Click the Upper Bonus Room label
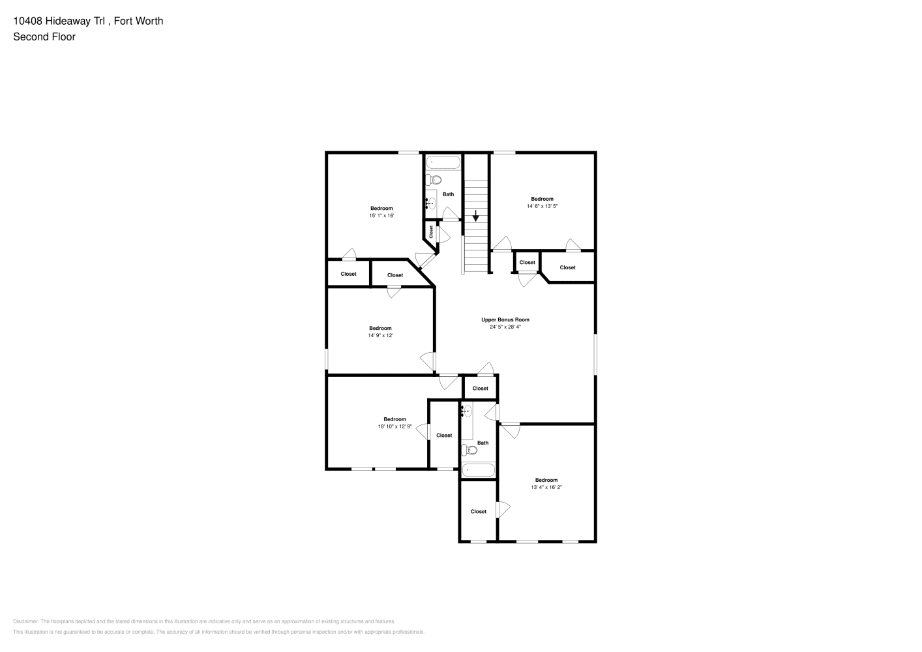[x=505, y=319]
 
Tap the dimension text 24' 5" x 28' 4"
[x=505, y=327]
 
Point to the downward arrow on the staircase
[x=475, y=216]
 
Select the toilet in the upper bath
[x=434, y=180]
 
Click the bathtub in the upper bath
[x=443, y=162]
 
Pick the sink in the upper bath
[x=430, y=203]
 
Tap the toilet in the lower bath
[x=469, y=450]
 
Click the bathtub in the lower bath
[x=478, y=470]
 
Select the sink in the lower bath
[x=466, y=411]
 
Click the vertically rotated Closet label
[x=431, y=231]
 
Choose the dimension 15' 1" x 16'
[x=381, y=215]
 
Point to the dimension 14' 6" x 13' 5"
[x=542, y=206]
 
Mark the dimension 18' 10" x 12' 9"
[x=394, y=426]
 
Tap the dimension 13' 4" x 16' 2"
[x=546, y=487]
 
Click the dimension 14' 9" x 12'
[x=380, y=335]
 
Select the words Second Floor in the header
[x=44, y=37]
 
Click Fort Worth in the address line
[x=138, y=21]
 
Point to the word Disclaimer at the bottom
[x=26, y=621]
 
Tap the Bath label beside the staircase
[x=448, y=194]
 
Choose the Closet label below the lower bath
[x=479, y=511]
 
